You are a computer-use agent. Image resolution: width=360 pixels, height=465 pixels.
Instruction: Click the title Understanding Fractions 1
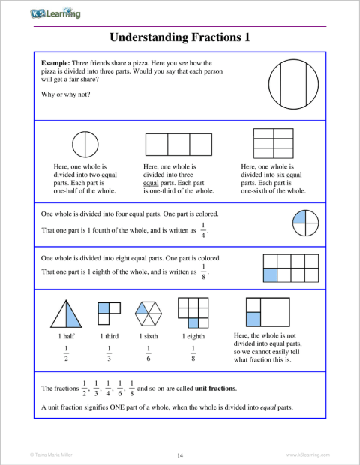pos(179,37)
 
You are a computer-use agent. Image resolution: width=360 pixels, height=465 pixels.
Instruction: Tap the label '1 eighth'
pos(193,336)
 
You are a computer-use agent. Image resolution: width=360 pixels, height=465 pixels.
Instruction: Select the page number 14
pos(180,454)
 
